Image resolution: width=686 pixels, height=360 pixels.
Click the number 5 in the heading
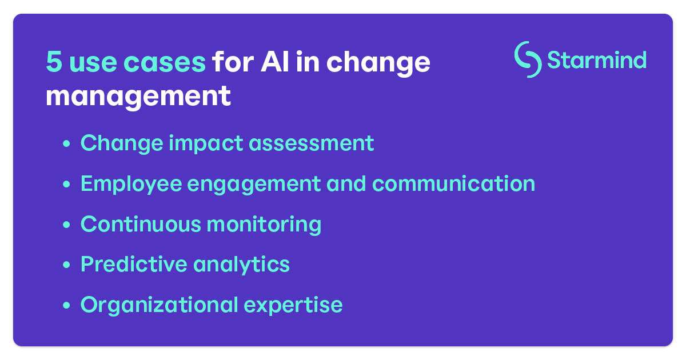pyautogui.click(x=54, y=62)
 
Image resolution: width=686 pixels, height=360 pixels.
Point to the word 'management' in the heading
pyautogui.click(x=138, y=96)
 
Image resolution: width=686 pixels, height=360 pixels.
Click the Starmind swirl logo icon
pyautogui.click(x=528, y=59)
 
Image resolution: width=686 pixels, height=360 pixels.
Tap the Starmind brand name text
pyautogui.click(x=597, y=59)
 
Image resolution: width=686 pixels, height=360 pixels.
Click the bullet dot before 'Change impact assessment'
pyautogui.click(x=67, y=144)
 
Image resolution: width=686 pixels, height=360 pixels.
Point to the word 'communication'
pyautogui.click(x=454, y=183)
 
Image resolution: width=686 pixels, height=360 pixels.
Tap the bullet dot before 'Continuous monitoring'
pyautogui.click(x=67, y=225)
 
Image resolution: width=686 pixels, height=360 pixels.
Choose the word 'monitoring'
pyautogui.click(x=264, y=224)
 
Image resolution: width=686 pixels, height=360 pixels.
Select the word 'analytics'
pyautogui.click(x=241, y=264)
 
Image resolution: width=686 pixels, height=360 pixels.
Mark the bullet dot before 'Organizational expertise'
pyautogui.click(x=67, y=306)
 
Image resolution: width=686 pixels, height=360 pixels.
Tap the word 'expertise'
pyautogui.click(x=293, y=305)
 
